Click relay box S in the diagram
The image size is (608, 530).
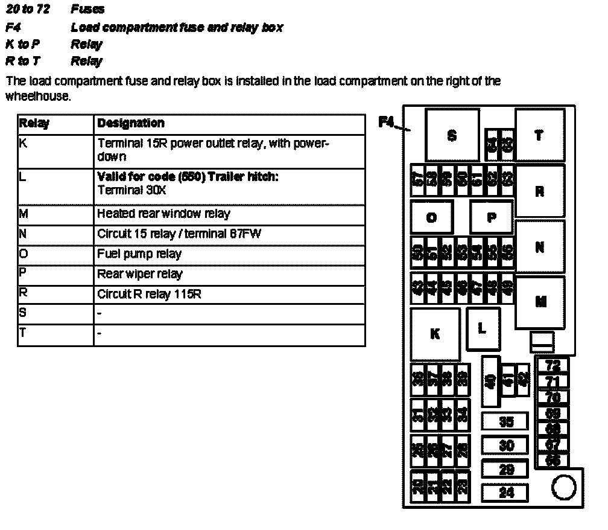point(452,135)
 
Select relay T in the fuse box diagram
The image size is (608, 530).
point(539,135)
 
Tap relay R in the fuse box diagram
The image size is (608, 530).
point(539,191)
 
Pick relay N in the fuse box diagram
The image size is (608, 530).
point(539,247)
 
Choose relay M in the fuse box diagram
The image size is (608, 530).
point(540,302)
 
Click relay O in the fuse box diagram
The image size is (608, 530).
point(432,217)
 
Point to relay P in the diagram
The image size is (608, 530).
point(491,217)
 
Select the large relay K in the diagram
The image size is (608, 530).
point(435,334)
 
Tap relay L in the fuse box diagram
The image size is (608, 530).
point(481,328)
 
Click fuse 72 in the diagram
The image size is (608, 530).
point(553,365)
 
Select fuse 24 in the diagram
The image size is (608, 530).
point(505,493)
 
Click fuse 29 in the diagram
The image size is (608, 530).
point(505,469)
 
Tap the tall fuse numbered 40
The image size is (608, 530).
point(490,381)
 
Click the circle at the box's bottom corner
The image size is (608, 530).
point(563,488)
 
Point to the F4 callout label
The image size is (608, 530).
point(386,122)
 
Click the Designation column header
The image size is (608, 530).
point(130,123)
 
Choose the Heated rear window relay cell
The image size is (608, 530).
point(163,214)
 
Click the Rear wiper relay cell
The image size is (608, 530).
point(139,274)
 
